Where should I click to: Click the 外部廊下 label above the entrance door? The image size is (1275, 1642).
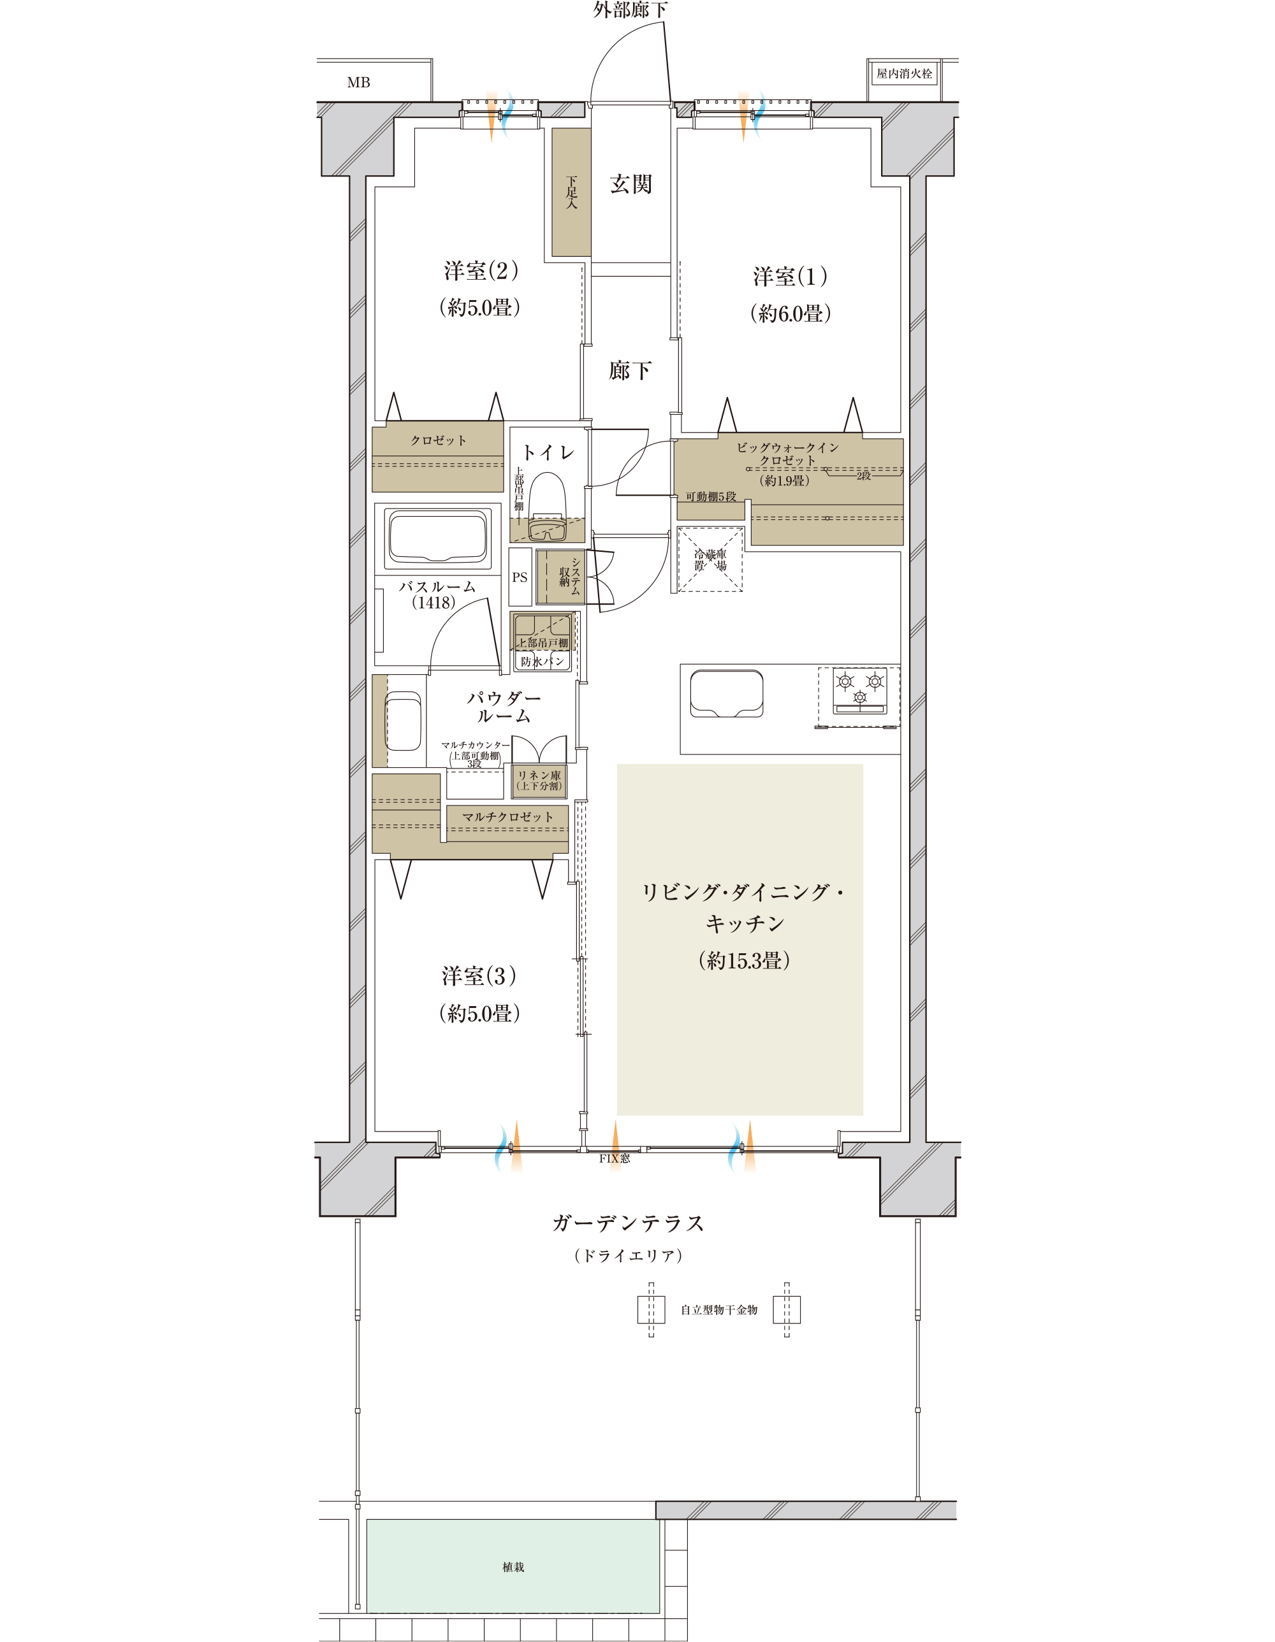point(630,10)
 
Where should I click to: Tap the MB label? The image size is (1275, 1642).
point(358,83)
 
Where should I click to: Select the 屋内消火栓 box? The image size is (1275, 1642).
point(904,74)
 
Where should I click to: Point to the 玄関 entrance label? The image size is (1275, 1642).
point(630,184)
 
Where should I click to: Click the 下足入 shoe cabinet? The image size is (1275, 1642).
point(571,192)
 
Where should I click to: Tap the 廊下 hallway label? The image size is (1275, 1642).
point(630,370)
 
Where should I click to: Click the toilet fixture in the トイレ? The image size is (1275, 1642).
point(547,507)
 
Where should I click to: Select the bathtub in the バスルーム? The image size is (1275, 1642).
point(437,536)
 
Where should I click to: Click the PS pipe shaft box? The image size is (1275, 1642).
point(520,577)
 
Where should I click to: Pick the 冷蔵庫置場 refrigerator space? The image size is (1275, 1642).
point(710,560)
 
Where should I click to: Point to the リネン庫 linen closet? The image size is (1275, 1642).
point(539,781)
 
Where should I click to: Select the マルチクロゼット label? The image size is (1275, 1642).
point(507,816)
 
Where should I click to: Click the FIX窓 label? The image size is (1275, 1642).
point(615,1158)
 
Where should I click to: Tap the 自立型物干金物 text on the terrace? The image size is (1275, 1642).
point(719,1309)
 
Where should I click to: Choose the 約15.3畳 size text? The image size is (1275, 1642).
point(744,960)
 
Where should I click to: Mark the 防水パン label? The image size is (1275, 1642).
point(542,661)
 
